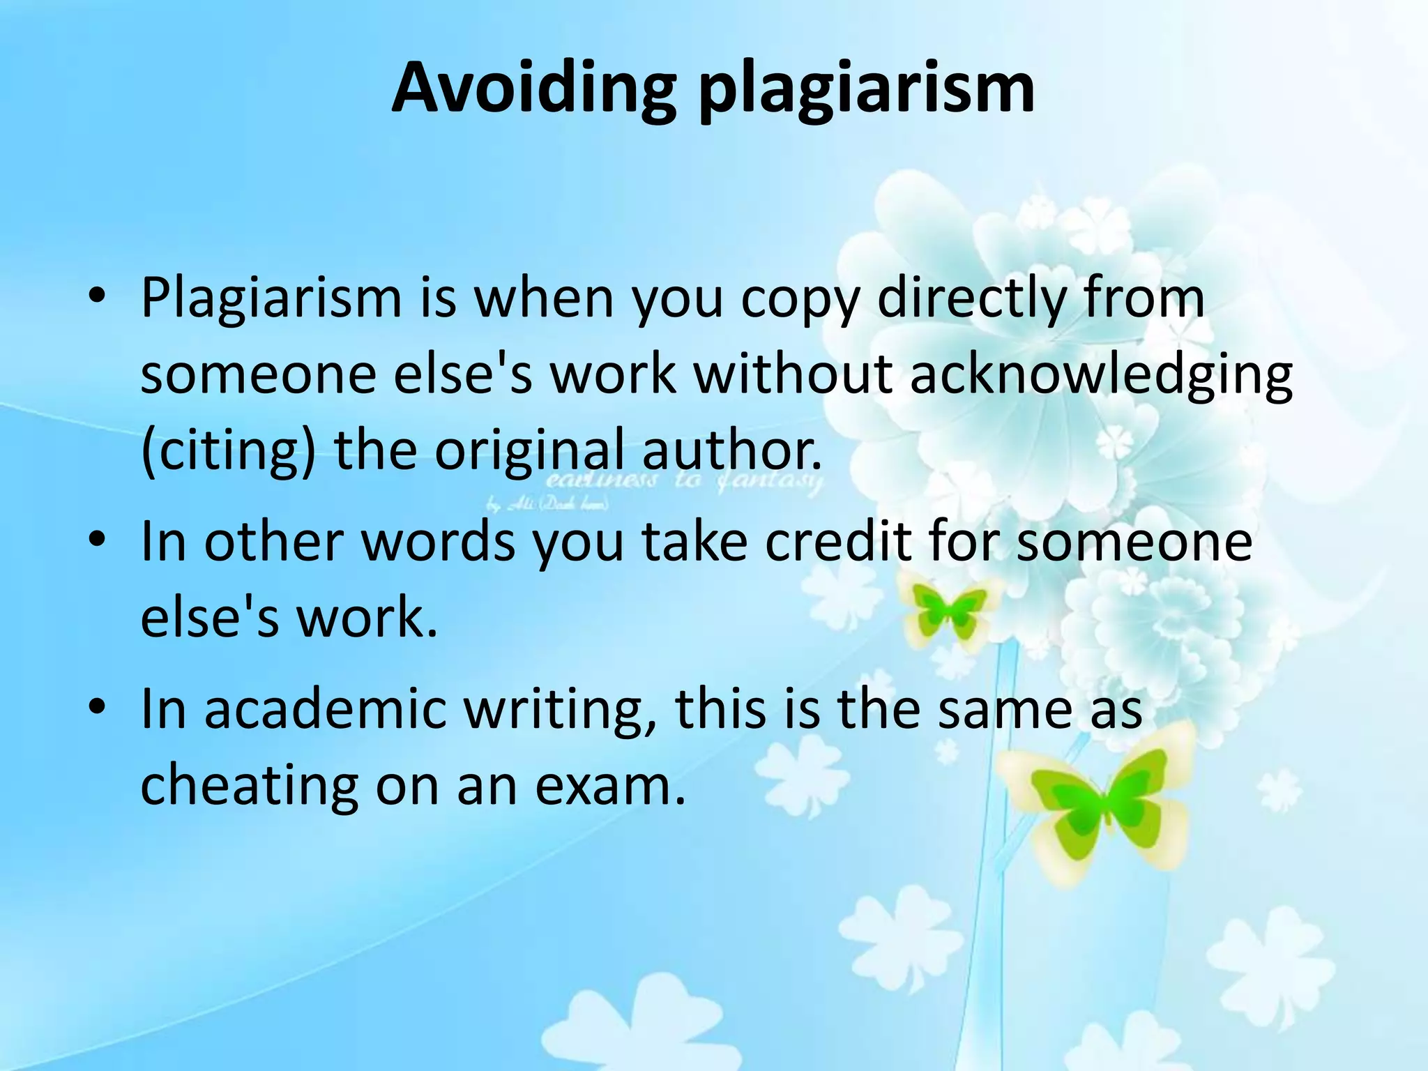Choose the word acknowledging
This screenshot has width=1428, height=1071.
pyautogui.click(x=1101, y=375)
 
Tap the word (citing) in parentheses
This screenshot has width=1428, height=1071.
pyautogui.click(x=229, y=451)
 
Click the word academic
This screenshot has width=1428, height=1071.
pyautogui.click(x=325, y=708)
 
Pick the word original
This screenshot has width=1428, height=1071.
pyautogui.click(x=529, y=451)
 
